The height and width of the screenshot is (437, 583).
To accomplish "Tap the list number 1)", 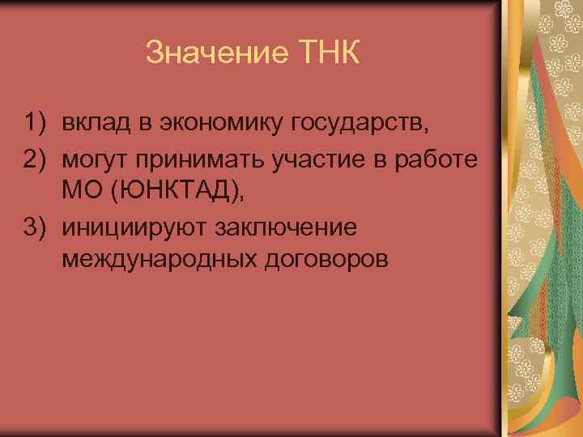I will point(37,124).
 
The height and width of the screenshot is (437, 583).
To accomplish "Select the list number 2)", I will point(37,158).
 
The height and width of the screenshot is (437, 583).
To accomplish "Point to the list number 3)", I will point(37,226).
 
